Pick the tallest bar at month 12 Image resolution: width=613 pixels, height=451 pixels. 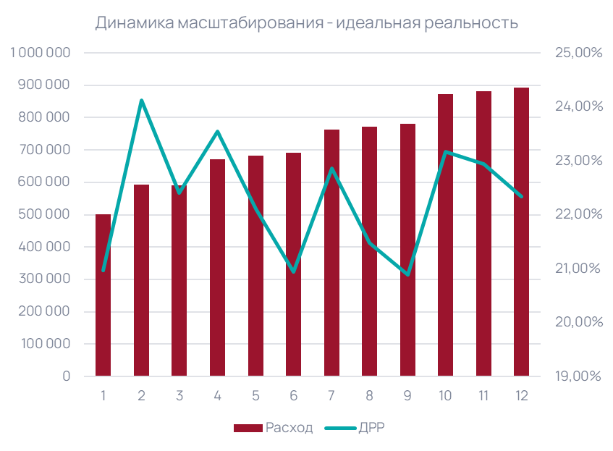tap(521, 232)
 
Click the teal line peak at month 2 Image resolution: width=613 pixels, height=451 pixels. tap(141, 101)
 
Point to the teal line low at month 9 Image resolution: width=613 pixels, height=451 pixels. tap(407, 274)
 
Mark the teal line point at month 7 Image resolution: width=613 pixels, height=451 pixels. tap(331, 169)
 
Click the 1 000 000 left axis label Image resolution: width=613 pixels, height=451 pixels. tap(41, 53)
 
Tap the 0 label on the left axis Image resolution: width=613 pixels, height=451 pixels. tap(66, 376)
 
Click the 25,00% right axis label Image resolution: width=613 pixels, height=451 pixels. tap(578, 53)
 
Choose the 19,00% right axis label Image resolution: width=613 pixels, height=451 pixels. tap(578, 376)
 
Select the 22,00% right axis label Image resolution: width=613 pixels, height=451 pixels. tap(578, 214)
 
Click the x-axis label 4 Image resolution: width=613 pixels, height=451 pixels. tap(217, 396)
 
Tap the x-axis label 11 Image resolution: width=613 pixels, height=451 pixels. tap(483, 396)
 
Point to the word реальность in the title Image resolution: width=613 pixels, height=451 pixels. tap(475, 23)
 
